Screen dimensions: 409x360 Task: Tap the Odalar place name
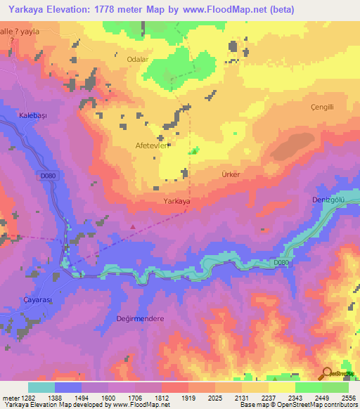138,60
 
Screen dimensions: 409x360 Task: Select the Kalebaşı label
32,115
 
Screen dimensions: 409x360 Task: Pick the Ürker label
231,174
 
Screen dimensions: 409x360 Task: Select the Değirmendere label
141,318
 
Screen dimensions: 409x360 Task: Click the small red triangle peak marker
134,226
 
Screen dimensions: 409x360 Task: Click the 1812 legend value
162,398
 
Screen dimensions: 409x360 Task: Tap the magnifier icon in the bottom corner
326,373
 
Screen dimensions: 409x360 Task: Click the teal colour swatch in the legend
41,387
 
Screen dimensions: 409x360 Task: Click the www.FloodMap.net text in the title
224,9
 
